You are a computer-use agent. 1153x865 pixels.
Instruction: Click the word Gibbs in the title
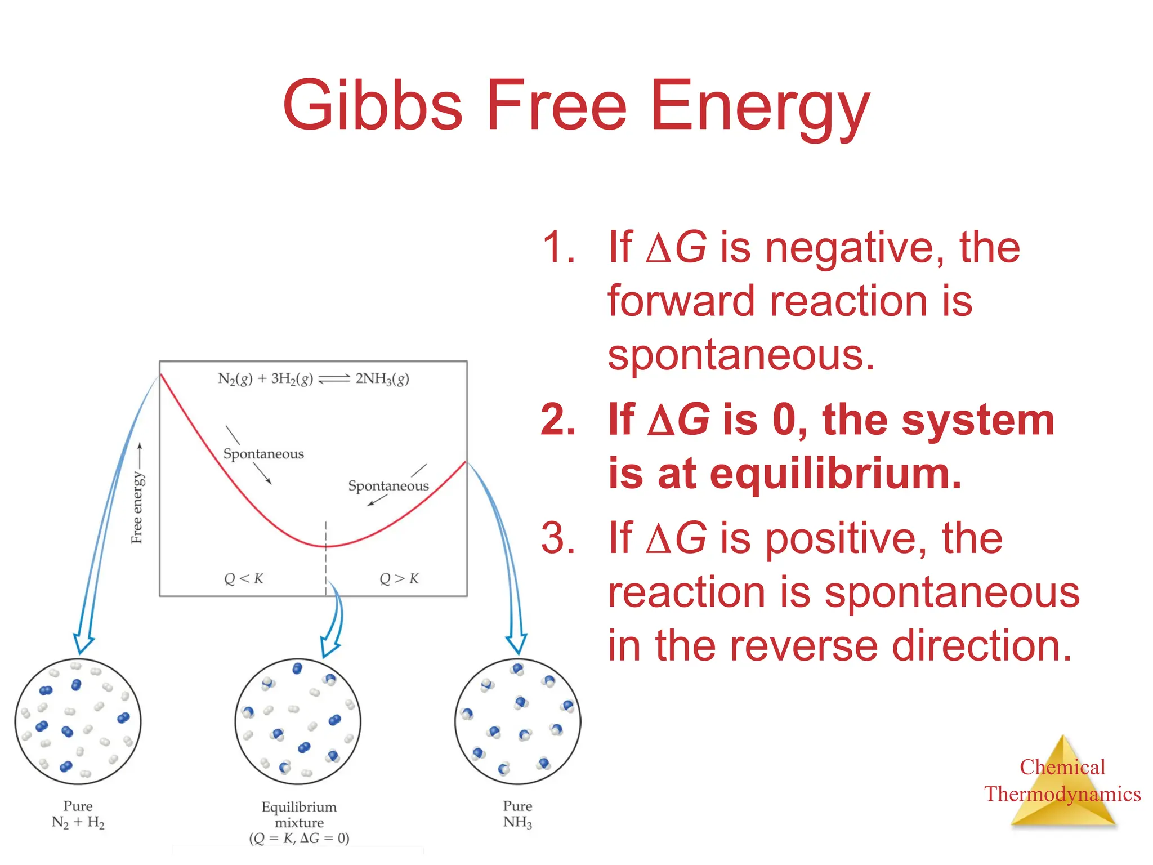coord(372,106)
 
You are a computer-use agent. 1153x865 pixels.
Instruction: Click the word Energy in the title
coord(759,107)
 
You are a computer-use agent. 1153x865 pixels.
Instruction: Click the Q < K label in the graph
coord(243,578)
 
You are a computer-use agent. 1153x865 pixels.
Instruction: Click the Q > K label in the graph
coord(399,578)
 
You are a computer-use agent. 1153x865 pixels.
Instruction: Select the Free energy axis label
coord(137,507)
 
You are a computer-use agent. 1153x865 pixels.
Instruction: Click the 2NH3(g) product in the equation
coord(382,379)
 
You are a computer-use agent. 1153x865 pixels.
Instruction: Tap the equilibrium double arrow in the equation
coord(334,379)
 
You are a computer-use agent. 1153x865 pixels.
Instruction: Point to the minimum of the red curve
coord(325,546)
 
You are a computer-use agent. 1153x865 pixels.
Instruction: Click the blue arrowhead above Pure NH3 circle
coord(516,643)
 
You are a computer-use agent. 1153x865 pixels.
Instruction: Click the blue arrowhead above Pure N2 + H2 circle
coord(83,643)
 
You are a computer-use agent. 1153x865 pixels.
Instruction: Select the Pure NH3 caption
coord(517,814)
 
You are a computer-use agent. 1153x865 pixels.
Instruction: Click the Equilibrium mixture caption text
coord(299,815)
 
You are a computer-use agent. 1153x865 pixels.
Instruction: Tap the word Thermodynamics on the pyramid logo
coord(1062,794)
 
